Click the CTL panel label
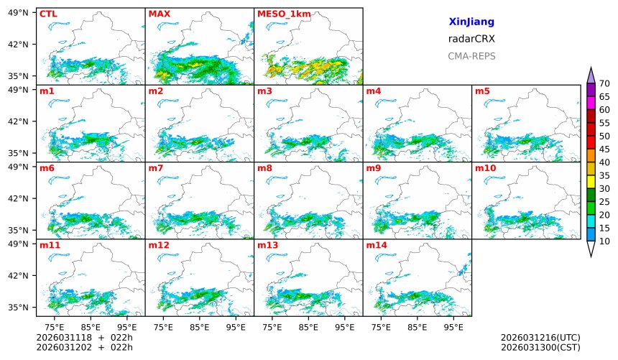(48, 14)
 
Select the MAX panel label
(159, 14)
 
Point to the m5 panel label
(482, 91)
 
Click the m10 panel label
(485, 168)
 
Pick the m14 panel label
(376, 245)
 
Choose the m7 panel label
(156, 168)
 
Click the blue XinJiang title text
(471, 22)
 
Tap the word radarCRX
(471, 39)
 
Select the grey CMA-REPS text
(471, 56)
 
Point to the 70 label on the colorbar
(604, 83)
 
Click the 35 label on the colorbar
(604, 175)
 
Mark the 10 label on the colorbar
(604, 241)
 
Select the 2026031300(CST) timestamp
(540, 348)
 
